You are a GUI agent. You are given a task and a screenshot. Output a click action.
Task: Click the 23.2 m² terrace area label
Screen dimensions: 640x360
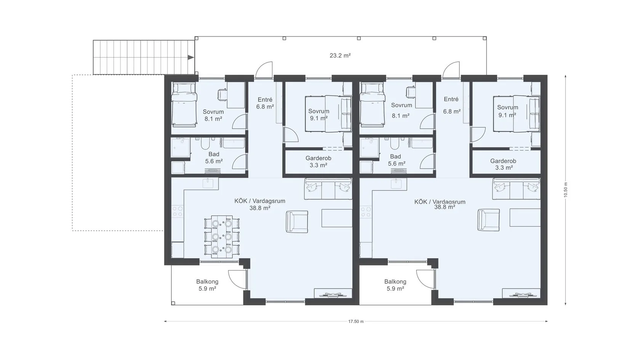(x=340, y=56)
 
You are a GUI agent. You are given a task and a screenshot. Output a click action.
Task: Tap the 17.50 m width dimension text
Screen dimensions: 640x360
(x=356, y=322)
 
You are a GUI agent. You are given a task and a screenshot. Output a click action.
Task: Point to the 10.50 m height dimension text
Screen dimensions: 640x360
(x=565, y=190)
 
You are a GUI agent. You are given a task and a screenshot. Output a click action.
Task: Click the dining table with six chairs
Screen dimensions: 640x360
(x=222, y=237)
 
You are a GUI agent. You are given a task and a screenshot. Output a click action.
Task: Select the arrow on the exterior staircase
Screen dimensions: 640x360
(x=191, y=58)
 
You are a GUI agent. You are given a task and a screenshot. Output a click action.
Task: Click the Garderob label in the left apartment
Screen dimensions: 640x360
(x=318, y=158)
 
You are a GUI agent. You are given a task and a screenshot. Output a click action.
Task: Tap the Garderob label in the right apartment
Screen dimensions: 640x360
(x=503, y=161)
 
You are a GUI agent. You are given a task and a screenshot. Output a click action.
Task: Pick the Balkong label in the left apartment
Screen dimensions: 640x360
(x=207, y=282)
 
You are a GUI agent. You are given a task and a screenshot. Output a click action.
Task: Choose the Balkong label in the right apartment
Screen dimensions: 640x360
(x=395, y=282)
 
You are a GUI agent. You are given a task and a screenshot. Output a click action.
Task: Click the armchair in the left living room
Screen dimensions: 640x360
(x=297, y=222)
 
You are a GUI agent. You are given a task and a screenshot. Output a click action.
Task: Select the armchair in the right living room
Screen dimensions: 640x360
(x=488, y=220)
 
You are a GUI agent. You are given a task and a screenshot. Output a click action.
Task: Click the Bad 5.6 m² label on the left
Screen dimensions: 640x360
(x=214, y=158)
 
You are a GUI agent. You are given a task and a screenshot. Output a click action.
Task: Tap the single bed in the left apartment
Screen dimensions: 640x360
(x=184, y=104)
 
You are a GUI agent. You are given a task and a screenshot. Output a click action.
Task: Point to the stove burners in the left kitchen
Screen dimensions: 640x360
(x=178, y=211)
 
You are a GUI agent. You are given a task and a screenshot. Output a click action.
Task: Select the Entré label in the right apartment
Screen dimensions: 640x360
(x=451, y=99)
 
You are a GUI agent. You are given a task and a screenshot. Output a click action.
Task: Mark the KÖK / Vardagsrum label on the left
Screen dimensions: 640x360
(x=260, y=201)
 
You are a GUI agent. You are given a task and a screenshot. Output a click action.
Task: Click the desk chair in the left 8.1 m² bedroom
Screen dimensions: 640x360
(x=222, y=95)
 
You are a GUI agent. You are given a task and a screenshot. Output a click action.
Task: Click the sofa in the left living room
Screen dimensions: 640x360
(x=328, y=189)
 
